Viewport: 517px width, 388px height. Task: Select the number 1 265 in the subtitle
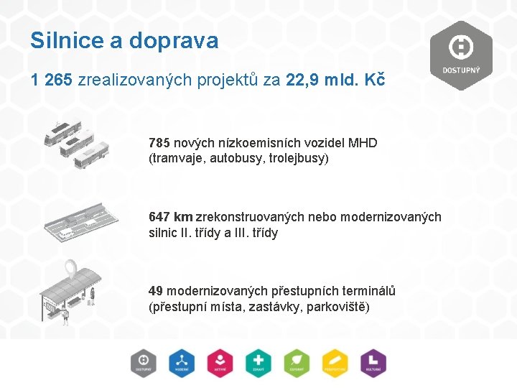(x=52, y=80)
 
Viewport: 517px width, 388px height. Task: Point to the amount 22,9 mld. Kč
(x=335, y=80)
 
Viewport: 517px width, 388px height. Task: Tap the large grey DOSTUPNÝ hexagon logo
(x=460, y=55)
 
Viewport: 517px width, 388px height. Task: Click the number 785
(x=159, y=142)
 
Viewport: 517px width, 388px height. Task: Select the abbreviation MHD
(x=363, y=142)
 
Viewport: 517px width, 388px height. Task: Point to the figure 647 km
(x=171, y=217)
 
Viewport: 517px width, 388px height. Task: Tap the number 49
(x=156, y=291)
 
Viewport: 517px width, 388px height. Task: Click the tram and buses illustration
(x=76, y=144)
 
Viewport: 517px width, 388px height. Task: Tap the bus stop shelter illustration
(x=70, y=291)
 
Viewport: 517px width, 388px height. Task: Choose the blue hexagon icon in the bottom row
(x=182, y=363)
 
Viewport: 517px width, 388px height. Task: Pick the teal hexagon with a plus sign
(x=258, y=363)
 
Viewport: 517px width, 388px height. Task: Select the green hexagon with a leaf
(x=297, y=363)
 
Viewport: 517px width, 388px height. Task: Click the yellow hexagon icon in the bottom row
(x=335, y=363)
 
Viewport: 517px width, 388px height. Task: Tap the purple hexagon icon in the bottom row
(x=373, y=363)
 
